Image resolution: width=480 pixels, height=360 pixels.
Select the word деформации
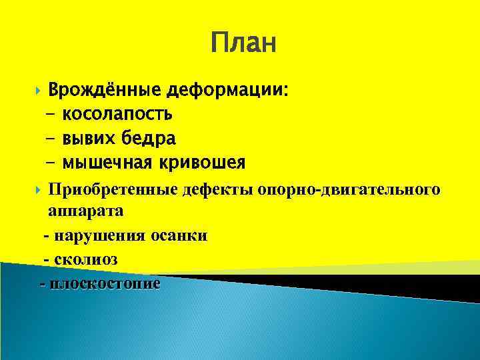click(227, 90)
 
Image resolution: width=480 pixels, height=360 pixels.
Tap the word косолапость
click(117, 114)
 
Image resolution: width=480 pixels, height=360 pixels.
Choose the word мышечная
click(105, 162)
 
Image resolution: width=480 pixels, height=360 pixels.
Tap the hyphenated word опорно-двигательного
click(347, 190)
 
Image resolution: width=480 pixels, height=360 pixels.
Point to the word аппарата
click(85, 211)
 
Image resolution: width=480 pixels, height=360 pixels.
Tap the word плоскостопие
click(105, 283)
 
